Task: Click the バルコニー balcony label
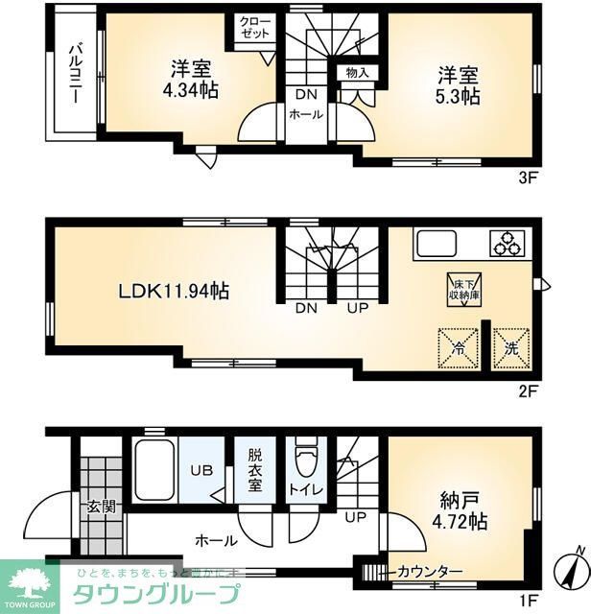[x=72, y=78]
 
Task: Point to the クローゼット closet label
[x=254, y=27]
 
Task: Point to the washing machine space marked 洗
[x=510, y=348]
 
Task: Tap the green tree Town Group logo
[x=28, y=582]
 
